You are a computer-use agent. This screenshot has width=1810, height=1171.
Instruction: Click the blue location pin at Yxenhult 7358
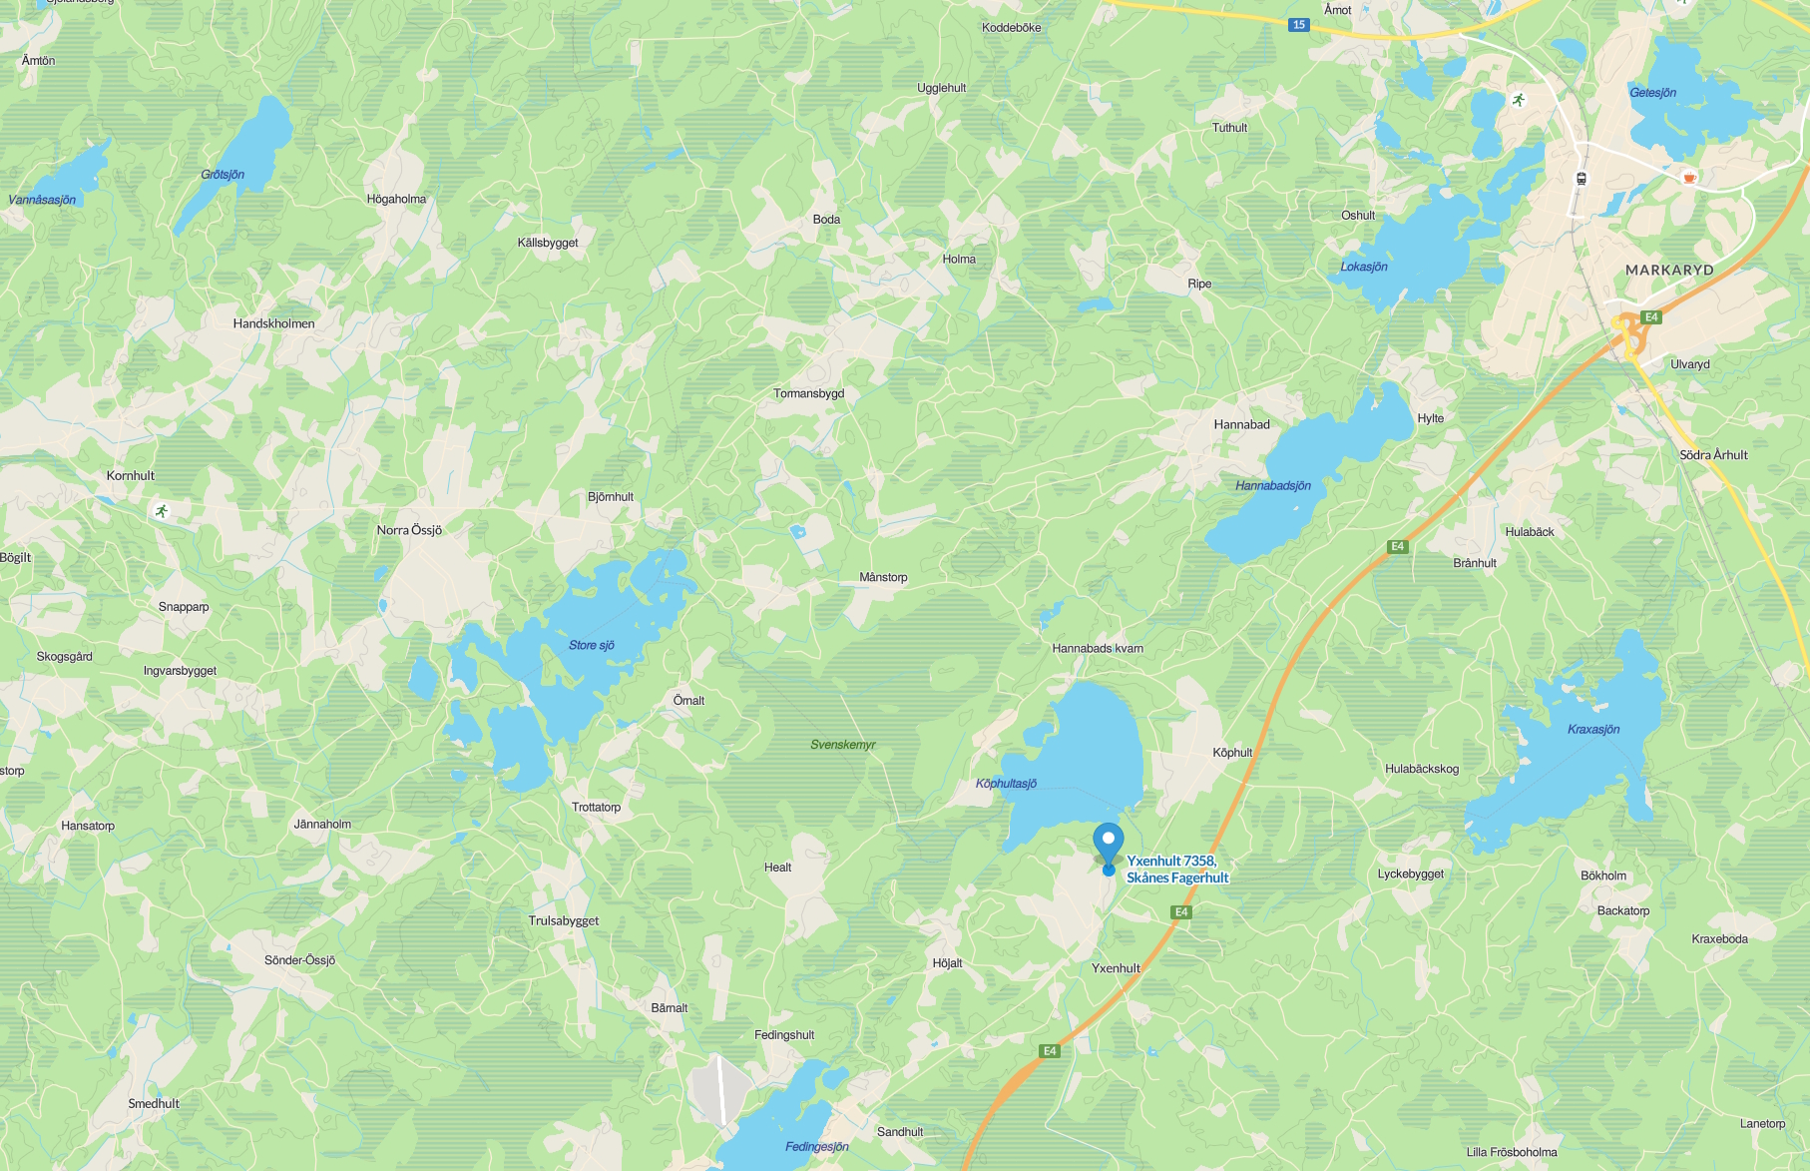tap(1108, 841)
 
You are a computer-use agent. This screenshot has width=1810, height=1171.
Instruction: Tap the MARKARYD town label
tap(1669, 271)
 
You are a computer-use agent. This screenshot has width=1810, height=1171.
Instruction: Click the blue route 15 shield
tap(1298, 25)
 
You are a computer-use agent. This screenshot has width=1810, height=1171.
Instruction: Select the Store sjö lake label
tap(592, 646)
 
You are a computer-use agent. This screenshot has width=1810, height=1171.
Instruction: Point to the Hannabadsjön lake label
tap(1273, 486)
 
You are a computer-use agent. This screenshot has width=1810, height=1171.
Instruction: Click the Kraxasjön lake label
tap(1593, 730)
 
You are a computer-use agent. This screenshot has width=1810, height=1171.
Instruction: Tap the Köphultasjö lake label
tap(1006, 784)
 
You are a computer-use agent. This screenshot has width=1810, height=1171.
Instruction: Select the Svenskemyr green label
tap(843, 745)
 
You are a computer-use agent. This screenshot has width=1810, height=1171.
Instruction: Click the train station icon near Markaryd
tap(1582, 179)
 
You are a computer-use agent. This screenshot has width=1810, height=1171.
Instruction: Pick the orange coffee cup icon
tap(1689, 178)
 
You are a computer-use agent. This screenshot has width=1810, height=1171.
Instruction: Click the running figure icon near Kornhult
tap(162, 511)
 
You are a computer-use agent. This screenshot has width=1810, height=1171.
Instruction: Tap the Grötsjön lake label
tap(223, 175)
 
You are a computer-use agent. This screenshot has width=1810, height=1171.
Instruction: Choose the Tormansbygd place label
tap(809, 393)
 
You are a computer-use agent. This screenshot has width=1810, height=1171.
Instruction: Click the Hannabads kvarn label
tap(1098, 649)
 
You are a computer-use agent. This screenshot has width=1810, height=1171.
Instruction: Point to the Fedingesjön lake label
tap(816, 1147)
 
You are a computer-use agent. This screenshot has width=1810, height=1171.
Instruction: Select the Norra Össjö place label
tap(409, 530)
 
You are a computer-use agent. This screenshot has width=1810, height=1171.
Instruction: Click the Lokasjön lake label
tap(1364, 268)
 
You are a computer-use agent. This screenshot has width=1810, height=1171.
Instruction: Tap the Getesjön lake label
tap(1652, 93)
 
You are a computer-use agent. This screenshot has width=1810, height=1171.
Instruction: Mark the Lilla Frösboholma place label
tap(1511, 1152)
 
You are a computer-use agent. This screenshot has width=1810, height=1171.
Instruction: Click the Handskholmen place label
tap(273, 323)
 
